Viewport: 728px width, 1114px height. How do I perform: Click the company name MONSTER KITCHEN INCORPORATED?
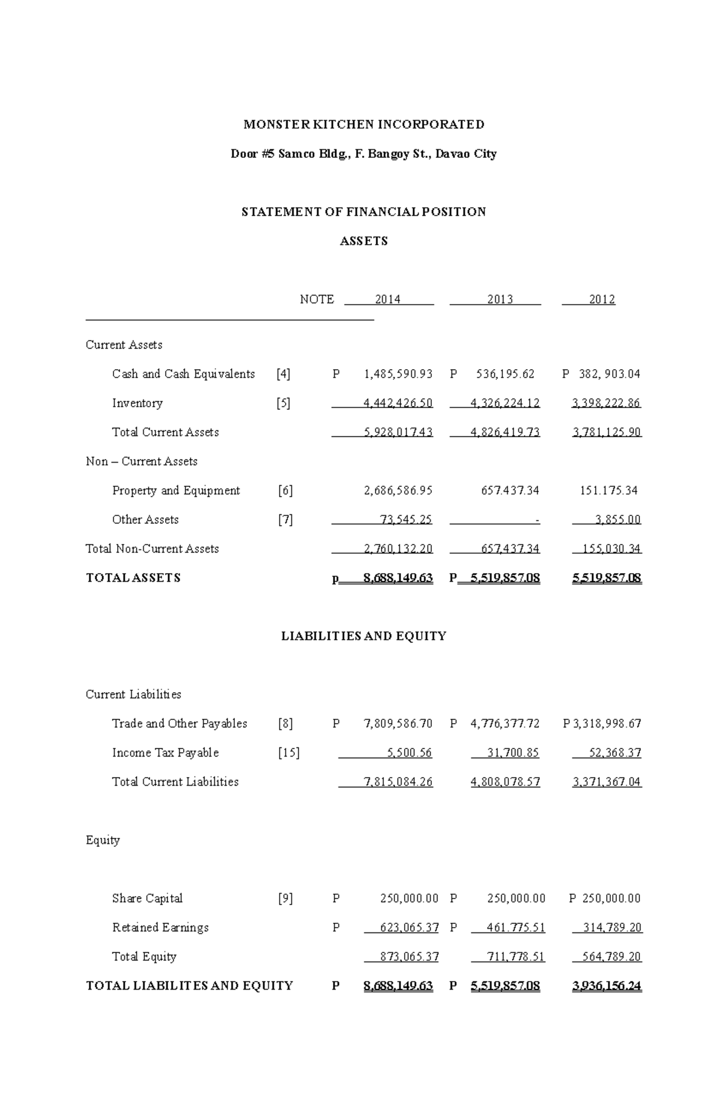(363, 124)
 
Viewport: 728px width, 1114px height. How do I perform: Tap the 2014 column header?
(388, 299)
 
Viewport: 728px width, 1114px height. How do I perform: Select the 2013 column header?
(500, 299)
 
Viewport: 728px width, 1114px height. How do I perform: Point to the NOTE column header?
(317, 299)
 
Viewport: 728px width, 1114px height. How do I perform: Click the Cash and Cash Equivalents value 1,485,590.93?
(398, 374)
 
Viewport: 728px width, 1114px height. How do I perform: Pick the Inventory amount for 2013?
(505, 403)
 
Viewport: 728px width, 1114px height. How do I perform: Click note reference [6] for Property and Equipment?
(285, 491)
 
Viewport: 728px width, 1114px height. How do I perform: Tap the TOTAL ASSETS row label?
(133, 578)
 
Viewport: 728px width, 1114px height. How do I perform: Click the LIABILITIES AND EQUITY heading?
(363, 636)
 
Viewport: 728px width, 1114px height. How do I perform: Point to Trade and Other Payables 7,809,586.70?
(398, 724)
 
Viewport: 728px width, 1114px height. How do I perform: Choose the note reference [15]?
(289, 753)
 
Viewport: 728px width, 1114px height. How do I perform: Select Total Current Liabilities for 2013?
(505, 782)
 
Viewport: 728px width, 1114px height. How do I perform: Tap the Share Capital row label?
(147, 898)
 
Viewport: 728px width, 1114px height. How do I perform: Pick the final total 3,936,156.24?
(607, 986)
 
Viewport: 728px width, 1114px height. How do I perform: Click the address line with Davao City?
(363, 154)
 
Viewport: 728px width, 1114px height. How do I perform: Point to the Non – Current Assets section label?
(141, 461)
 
